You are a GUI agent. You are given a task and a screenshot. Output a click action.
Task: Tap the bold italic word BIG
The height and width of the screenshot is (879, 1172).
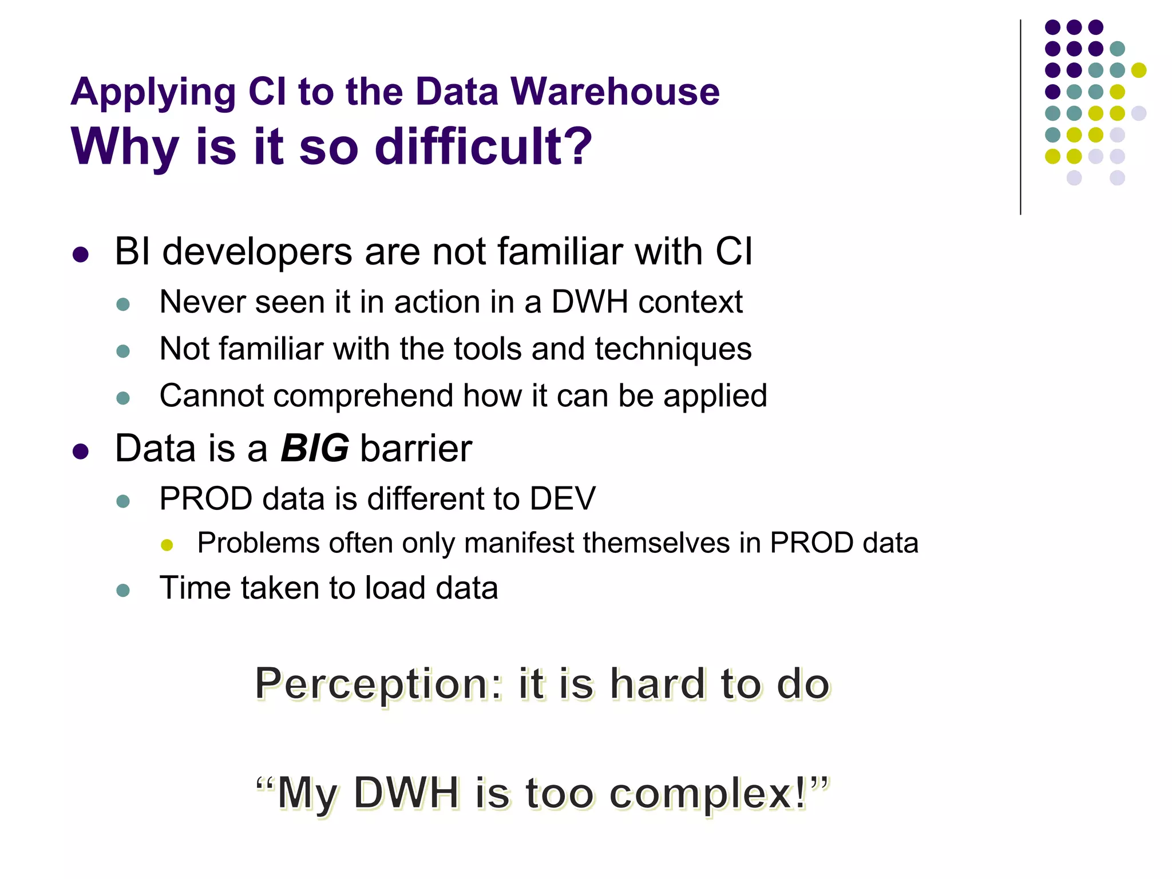314,448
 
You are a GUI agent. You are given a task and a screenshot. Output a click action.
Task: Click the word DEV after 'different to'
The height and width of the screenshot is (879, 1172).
563,498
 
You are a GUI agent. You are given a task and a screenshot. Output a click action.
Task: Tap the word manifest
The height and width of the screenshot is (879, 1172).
519,543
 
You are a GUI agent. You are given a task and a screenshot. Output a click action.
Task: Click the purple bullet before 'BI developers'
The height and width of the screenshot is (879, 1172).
81,255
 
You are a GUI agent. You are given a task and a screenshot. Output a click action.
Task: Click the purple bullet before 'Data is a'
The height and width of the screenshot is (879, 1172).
81,452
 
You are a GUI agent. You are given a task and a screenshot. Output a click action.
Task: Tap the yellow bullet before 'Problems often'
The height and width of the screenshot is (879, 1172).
167,545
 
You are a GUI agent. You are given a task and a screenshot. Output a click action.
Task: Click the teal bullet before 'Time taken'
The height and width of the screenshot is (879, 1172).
123,590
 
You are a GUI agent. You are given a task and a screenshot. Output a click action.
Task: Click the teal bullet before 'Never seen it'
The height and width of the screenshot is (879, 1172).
123,304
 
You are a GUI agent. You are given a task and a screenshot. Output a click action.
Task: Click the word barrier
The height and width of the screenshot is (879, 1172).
416,448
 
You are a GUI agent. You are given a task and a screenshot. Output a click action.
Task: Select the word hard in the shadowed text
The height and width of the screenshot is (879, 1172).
657,684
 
